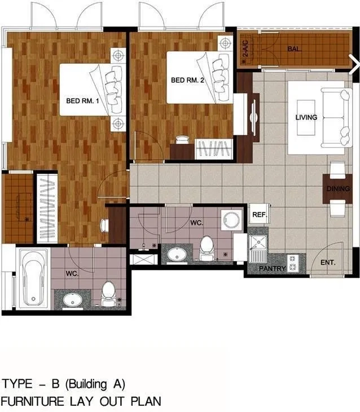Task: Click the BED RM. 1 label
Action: point(82,101)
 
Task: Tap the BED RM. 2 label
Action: point(187,80)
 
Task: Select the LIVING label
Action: point(306,117)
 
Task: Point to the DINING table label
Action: point(338,188)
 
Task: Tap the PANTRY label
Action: point(272,268)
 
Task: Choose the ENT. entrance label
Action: point(328,262)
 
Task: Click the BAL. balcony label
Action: point(294,49)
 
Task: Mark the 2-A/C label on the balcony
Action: point(245,48)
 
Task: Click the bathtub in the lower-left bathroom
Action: point(33,278)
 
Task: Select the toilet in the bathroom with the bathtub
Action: point(108,294)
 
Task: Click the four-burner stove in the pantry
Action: point(293,263)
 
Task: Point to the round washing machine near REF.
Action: point(231,220)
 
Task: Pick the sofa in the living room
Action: point(337,117)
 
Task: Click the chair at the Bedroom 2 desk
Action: point(182,140)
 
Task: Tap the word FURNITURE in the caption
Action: point(32,401)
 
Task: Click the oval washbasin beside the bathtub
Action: point(73,299)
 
